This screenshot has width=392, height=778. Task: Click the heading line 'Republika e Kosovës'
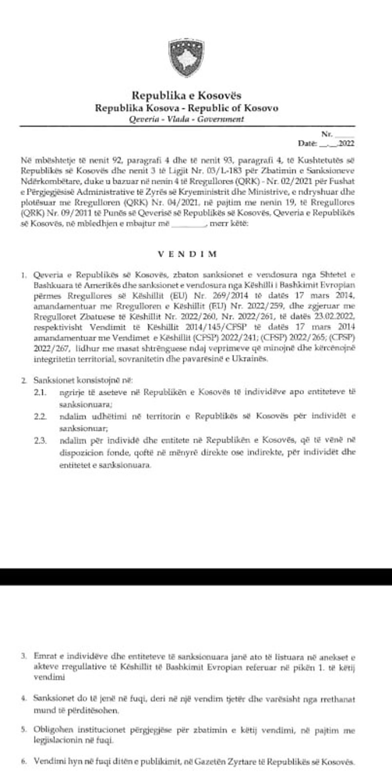click(x=187, y=96)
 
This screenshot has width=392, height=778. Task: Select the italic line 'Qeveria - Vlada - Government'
click(x=187, y=119)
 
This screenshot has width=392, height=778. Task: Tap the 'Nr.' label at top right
click(x=327, y=134)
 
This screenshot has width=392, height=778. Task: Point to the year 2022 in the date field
click(x=346, y=143)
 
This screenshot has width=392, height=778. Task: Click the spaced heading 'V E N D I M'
click(x=187, y=254)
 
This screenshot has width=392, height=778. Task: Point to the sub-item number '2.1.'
click(x=40, y=392)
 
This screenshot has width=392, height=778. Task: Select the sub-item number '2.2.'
click(x=40, y=416)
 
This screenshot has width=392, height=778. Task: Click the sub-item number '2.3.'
click(x=40, y=441)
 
